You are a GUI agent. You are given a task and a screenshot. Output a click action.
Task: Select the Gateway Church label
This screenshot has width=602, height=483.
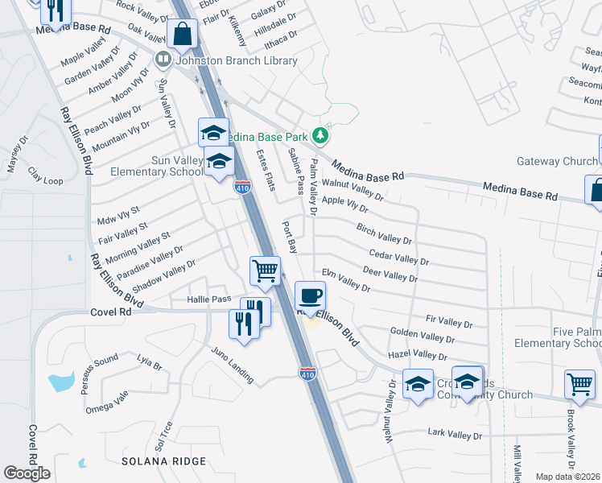(x=557, y=161)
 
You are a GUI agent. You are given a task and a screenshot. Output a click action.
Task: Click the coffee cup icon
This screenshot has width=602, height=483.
(x=310, y=295)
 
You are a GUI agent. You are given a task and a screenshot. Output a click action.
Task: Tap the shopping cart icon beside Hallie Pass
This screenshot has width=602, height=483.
(x=265, y=270)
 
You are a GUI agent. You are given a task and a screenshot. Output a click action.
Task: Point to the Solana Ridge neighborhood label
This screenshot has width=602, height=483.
(x=163, y=461)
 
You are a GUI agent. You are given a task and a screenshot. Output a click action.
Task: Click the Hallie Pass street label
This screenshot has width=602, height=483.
(x=209, y=299)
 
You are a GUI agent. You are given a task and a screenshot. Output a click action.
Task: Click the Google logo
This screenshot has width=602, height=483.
(x=27, y=473)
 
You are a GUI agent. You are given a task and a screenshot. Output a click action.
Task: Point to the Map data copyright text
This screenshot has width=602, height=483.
(x=568, y=477)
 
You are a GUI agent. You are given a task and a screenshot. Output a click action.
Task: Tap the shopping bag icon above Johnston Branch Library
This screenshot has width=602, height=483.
(x=183, y=35)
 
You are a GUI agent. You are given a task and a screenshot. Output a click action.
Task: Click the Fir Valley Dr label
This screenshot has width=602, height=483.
(x=448, y=322)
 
